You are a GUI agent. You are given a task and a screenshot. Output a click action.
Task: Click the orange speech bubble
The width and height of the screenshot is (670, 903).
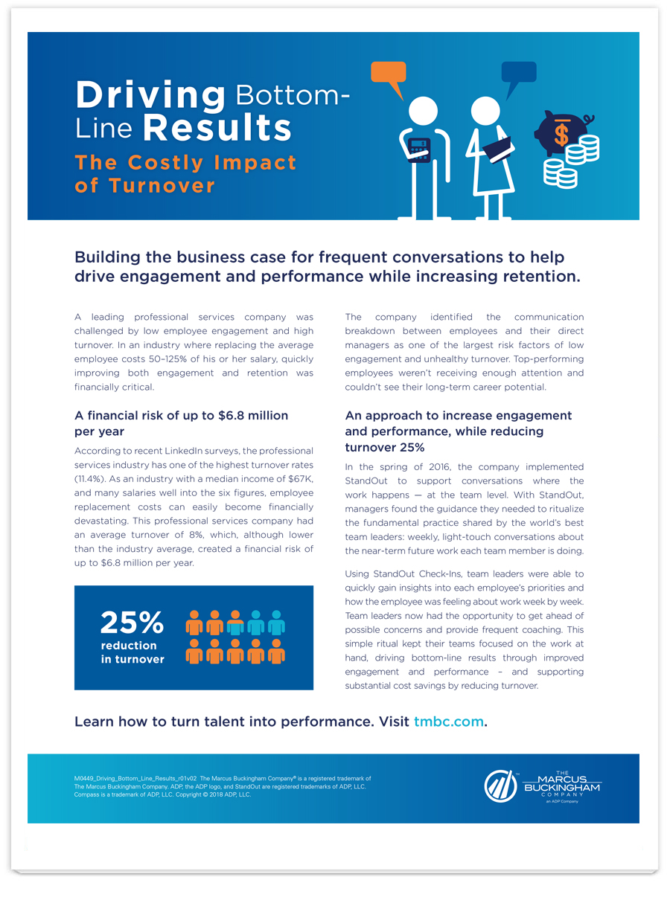[389, 74]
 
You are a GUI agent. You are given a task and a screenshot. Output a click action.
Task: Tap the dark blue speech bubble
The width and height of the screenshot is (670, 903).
[518, 74]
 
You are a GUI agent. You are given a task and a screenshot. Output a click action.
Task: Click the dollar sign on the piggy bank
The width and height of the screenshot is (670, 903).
[561, 134]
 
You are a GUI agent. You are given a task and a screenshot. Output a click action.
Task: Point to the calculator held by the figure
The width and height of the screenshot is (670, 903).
[419, 150]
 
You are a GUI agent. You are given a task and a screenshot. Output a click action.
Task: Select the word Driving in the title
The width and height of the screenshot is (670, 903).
[150, 95]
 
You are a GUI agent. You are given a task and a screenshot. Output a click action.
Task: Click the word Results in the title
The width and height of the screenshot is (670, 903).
[217, 127]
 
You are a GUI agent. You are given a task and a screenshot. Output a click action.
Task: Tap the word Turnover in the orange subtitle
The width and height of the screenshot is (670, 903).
[162, 186]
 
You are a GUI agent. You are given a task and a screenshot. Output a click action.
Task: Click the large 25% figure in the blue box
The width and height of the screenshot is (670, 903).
[132, 623]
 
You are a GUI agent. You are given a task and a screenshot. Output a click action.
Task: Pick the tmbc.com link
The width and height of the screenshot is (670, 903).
[449, 722]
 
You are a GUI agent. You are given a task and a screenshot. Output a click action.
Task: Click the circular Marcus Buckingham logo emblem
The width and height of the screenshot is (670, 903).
[500, 786]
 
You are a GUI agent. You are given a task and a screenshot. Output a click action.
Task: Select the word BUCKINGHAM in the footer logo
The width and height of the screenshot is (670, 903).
[562, 788]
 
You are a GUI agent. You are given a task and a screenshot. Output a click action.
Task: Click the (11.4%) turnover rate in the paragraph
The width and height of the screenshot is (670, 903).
[89, 479]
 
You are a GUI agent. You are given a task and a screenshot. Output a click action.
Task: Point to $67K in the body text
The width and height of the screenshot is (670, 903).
[300, 479]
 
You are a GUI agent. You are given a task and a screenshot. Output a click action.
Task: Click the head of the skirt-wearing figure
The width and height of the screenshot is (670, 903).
[485, 111]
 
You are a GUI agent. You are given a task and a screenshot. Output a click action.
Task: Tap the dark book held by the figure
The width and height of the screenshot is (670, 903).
[497, 149]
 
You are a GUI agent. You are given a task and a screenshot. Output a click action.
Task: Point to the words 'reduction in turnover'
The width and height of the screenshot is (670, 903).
[133, 652]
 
